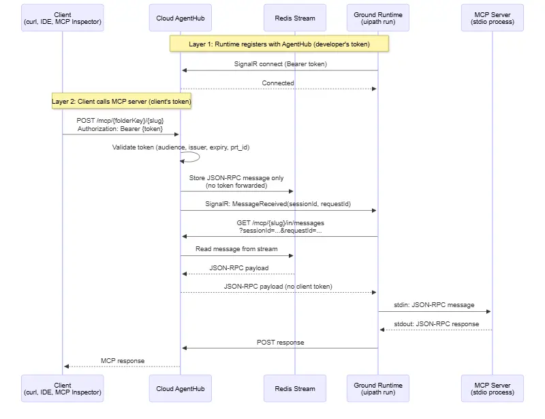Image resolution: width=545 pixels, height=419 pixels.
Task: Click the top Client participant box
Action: point(63,18)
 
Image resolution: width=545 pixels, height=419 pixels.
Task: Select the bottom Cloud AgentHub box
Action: point(181,388)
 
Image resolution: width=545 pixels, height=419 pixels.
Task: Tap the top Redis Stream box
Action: point(295,18)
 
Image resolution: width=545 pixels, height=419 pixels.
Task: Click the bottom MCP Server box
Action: point(492,388)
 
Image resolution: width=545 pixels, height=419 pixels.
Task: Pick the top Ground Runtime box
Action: point(378,18)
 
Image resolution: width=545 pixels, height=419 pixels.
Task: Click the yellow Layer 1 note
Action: point(279,44)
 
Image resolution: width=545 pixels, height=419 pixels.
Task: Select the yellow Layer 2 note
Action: point(121,101)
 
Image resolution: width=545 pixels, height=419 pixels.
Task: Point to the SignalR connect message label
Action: point(280,64)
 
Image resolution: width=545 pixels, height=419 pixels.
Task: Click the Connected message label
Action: point(278,83)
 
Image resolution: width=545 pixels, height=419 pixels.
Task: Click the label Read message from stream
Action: point(236,249)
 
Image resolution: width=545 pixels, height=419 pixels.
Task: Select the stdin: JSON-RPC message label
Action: point(434,305)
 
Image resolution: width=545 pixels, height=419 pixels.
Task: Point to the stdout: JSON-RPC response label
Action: point(436,324)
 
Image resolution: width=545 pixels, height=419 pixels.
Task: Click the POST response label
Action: point(280,343)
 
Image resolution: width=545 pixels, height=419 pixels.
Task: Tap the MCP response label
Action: point(123,361)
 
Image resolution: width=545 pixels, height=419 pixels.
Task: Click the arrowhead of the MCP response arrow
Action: point(66,366)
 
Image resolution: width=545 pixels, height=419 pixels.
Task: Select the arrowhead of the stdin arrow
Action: point(488,311)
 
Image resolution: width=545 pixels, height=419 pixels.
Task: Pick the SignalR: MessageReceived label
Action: point(278,204)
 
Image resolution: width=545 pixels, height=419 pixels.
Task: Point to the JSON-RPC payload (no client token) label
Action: point(278,287)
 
